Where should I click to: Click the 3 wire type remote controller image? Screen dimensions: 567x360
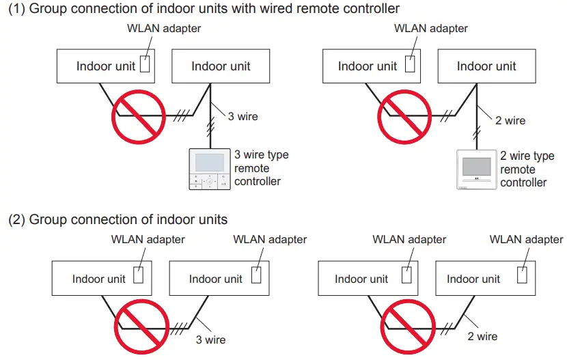(x=210, y=169)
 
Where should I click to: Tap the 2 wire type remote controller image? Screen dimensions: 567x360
(x=477, y=169)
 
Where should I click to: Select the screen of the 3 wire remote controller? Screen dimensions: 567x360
(x=210, y=163)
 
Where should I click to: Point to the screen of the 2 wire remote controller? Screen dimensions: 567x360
(x=477, y=167)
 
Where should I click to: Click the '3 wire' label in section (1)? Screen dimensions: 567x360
(x=243, y=116)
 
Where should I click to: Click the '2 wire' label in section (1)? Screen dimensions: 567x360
(x=510, y=120)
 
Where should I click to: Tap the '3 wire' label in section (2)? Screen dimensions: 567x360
(x=210, y=340)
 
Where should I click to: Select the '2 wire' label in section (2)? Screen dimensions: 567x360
(x=482, y=336)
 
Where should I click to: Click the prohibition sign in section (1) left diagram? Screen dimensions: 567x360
(x=139, y=117)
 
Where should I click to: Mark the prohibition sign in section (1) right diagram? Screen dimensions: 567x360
(x=404, y=117)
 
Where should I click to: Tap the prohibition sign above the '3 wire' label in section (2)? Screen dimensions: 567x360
(x=141, y=327)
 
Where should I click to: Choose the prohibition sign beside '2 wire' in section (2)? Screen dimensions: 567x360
(x=408, y=327)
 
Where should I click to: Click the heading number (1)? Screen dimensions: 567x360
(x=16, y=8)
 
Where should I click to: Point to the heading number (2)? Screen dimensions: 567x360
(x=16, y=219)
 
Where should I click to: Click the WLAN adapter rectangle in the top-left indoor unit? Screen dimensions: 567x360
(x=145, y=64)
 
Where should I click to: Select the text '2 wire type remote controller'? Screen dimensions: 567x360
(x=527, y=169)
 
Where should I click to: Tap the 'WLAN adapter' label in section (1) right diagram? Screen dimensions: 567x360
(x=430, y=28)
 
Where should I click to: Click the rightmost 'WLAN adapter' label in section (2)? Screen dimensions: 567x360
(x=526, y=239)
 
